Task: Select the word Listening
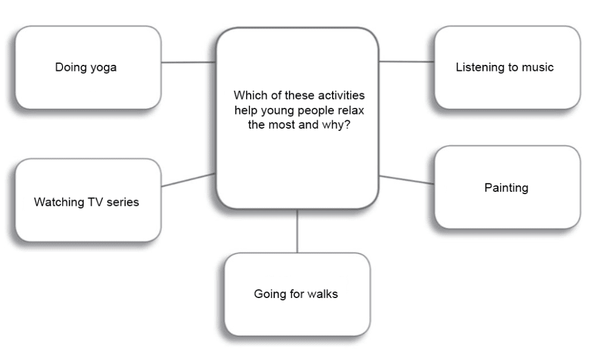click(x=478, y=67)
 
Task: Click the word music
click(x=537, y=67)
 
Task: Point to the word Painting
click(x=506, y=188)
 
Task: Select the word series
click(x=123, y=202)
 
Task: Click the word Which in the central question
click(x=250, y=96)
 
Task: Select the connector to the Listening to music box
click(x=406, y=61)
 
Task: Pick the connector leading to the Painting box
click(x=406, y=180)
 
